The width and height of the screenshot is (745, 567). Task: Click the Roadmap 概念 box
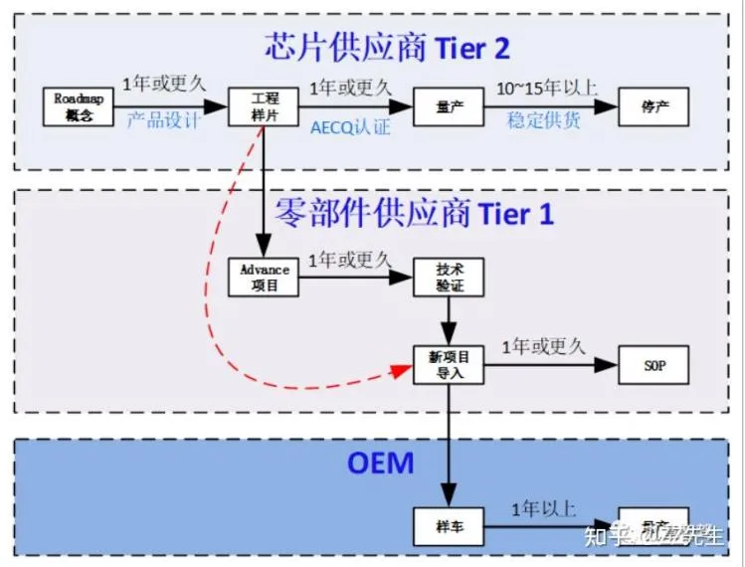[74, 106]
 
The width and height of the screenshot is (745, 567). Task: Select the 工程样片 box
[264, 106]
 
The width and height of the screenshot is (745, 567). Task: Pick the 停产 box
[653, 106]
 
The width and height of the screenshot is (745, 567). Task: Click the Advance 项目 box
[264, 277]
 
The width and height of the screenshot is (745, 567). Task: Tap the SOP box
[653, 365]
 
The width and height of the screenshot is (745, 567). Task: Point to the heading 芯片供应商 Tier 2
[387, 46]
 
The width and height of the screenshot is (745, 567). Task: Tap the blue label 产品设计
[163, 121]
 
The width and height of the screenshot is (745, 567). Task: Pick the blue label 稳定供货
[544, 121]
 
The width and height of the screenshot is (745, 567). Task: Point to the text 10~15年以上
[547, 88]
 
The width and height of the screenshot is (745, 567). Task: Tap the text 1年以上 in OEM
[543, 509]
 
